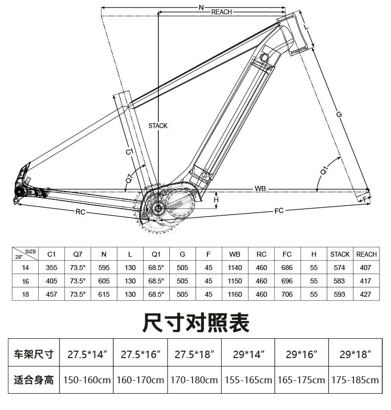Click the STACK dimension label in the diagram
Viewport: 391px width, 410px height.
coord(158,126)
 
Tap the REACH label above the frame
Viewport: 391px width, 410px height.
coord(221,12)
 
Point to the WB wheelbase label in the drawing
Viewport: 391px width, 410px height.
coord(260,188)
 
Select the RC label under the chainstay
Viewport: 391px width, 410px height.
coord(81,212)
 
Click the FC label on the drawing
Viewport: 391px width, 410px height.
coord(279,211)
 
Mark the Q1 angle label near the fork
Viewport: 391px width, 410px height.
coord(325,171)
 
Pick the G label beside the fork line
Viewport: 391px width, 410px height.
coord(339,115)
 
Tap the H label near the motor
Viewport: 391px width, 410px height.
coord(216,199)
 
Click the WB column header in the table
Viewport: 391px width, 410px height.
coord(235,254)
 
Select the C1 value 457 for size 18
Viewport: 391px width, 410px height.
coord(51,294)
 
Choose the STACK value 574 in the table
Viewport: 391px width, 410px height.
coord(340,268)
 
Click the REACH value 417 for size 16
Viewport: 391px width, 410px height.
coord(366,281)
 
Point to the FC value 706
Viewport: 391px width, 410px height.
coord(287,294)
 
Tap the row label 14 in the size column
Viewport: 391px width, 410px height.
coord(26,268)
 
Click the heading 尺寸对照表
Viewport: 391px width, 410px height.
coord(195,322)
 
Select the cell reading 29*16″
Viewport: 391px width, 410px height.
coord(302,354)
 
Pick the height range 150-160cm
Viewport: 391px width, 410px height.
coord(87,380)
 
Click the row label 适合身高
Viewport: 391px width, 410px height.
coord(34,380)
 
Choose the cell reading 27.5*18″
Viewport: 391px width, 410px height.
coord(195,354)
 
